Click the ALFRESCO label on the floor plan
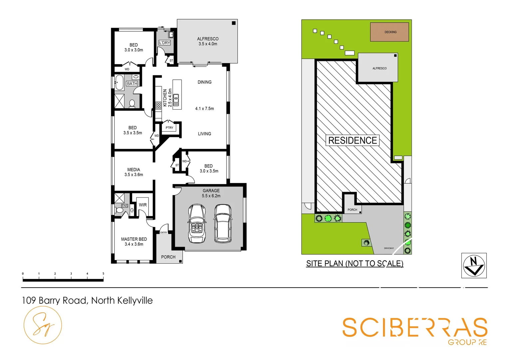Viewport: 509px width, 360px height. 208,39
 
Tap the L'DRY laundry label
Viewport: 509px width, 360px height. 165,43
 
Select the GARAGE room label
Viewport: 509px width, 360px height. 211,191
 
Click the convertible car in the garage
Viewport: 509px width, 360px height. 197,223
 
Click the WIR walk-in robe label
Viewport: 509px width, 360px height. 143,205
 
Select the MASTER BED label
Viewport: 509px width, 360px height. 134,239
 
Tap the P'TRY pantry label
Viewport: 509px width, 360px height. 169,128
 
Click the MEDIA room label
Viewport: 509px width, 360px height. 134,170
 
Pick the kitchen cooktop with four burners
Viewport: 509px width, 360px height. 158,106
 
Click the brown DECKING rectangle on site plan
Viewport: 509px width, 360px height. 389,32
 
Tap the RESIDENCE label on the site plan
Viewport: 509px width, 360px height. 352,140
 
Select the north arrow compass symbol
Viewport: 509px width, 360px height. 474,265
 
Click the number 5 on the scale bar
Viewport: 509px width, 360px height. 103,274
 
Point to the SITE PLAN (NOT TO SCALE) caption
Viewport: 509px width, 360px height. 355,263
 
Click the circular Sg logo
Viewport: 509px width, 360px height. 43,325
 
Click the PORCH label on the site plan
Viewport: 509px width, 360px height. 352,210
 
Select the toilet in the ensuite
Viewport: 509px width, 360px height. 119,210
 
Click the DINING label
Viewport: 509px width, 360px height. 204,82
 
